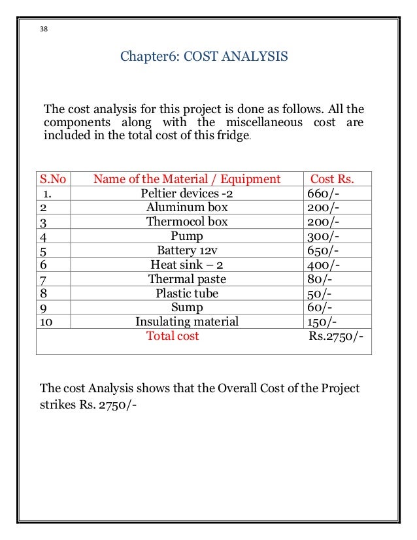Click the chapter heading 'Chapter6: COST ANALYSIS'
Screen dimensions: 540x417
pos(203,57)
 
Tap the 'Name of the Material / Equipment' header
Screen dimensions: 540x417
pos(187,179)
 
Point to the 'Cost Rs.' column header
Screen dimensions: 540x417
pos(331,179)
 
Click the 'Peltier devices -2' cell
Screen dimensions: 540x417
pos(187,194)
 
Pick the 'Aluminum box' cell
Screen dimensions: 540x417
pos(187,207)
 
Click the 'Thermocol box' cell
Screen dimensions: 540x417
pos(187,222)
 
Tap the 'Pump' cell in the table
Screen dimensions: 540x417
pos(187,236)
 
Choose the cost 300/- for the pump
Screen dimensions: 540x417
pos(320,236)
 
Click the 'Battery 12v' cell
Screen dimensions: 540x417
pos(187,250)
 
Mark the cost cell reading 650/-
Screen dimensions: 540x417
pos(320,250)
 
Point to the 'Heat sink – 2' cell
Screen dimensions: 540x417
pos(187,265)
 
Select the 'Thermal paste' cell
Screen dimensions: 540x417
pos(187,279)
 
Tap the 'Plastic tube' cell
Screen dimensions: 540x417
pos(187,294)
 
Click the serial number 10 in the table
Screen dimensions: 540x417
pos(47,322)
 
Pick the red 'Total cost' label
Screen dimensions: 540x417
pos(173,336)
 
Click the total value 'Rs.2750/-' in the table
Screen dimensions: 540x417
pos(337,336)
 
